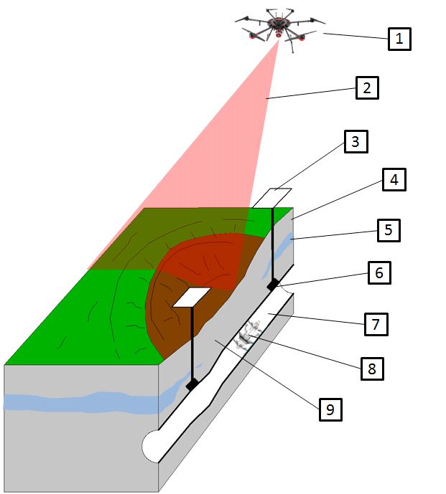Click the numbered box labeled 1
coord(399,38)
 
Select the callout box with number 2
coord(366,88)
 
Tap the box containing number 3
coord(355,141)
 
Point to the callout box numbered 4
coord(394,179)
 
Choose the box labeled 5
coord(388,230)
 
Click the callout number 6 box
coord(380,273)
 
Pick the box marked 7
coord(376,323)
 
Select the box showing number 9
coord(330,409)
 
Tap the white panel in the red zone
coord(191,297)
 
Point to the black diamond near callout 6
coord(273,285)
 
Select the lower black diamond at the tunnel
coord(192,385)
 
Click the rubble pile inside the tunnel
coord(249,334)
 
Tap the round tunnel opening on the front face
coord(152,446)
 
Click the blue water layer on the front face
coord(72,402)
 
